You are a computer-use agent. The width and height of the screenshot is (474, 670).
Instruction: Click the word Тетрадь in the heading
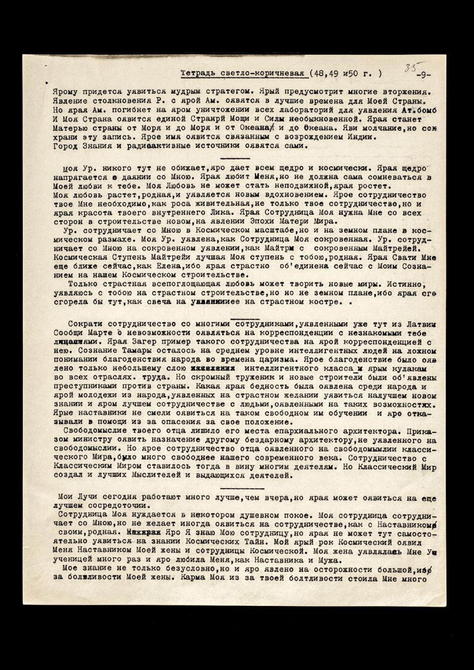click(195, 73)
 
